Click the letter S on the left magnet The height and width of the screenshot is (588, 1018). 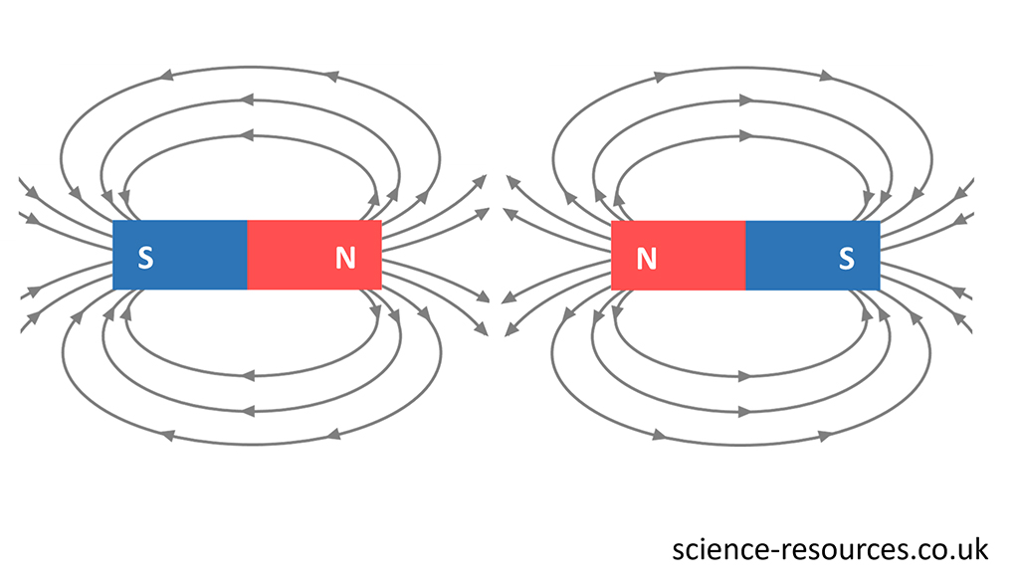click(x=145, y=258)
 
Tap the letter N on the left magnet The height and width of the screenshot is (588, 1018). click(x=345, y=258)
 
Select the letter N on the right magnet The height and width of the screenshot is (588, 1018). click(x=647, y=258)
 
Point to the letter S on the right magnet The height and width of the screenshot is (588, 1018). click(x=846, y=258)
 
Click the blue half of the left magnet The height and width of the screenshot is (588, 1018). click(x=189, y=255)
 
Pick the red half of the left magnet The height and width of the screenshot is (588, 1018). click(x=299, y=255)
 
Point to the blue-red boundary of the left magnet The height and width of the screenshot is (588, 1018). click(x=247, y=255)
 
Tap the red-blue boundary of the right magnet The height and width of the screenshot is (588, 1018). click(x=745, y=255)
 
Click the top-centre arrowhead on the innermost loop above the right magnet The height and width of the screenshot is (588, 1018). click(x=746, y=133)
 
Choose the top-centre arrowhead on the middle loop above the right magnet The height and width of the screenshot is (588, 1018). click(x=746, y=99)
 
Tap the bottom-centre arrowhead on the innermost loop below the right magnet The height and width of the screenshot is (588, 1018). click(x=746, y=376)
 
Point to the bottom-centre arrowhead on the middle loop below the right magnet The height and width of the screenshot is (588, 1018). click(x=746, y=410)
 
